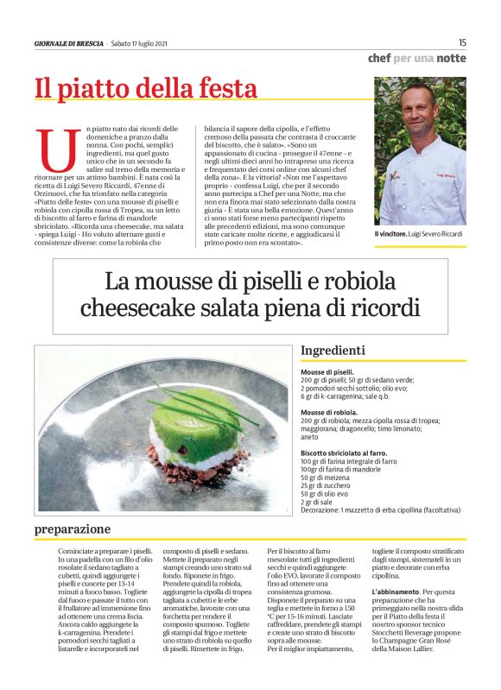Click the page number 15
coord(462,42)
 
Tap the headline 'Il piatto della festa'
coord(145,88)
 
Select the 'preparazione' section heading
coord(73,528)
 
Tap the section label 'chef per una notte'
coord(416,59)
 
